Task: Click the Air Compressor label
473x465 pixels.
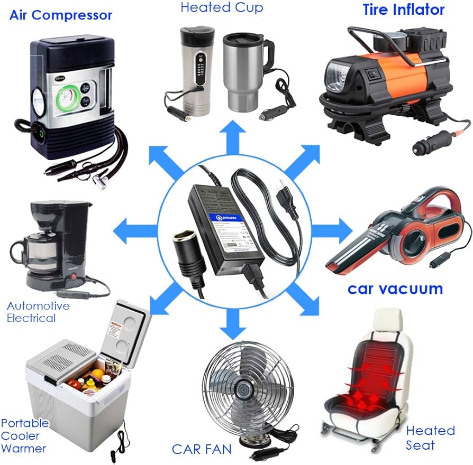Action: point(61,15)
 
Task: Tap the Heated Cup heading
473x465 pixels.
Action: point(221,7)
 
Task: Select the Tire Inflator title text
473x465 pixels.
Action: point(404,9)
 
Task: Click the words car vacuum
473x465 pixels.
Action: point(395,289)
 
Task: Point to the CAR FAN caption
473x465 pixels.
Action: point(202,449)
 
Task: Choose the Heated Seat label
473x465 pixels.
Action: point(430,438)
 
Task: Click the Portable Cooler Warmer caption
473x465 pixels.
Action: point(24,436)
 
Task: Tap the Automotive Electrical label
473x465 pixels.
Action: point(38,312)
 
